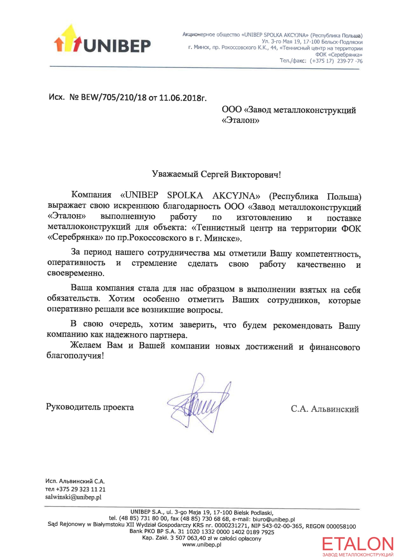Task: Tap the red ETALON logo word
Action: point(358,544)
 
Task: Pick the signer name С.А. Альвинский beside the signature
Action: point(325,409)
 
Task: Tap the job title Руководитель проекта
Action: point(90,407)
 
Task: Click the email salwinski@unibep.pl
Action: point(73,497)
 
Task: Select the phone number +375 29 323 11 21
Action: point(81,489)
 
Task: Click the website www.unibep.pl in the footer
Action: point(202,545)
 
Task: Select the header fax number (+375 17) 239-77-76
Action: point(336,61)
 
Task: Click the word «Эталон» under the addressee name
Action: point(241,120)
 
